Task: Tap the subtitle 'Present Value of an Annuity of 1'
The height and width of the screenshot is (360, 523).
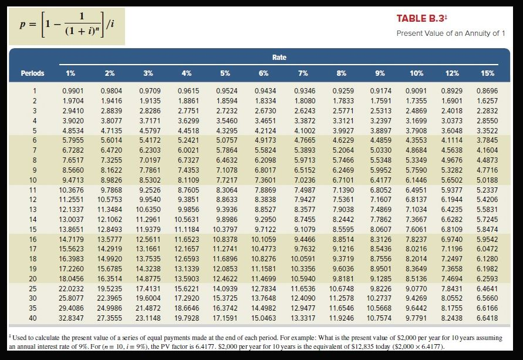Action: [450, 33]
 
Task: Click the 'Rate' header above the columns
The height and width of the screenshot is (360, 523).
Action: [279, 58]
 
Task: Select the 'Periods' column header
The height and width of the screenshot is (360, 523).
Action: [32, 73]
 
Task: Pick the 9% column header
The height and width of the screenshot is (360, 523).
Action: [380, 73]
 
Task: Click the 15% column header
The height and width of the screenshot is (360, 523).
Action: [487, 73]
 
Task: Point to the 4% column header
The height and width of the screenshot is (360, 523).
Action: [187, 73]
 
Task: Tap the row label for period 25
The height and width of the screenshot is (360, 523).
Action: [35, 289]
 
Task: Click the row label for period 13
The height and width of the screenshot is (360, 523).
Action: [35, 208]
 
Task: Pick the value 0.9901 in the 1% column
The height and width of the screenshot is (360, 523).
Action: [72, 92]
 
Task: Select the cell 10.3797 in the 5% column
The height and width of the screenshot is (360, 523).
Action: [226, 229]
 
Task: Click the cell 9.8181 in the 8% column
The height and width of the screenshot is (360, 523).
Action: [342, 279]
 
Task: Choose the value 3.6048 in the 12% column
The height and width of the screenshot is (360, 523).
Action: [452, 130]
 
